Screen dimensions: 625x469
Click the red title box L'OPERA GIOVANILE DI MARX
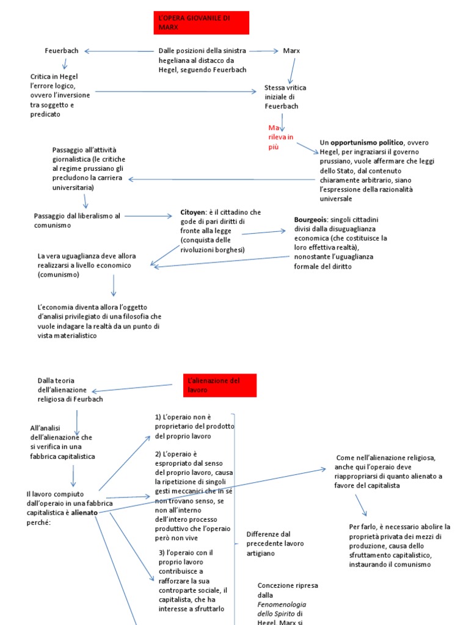point(202,23)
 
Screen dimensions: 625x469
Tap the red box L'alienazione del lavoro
point(220,385)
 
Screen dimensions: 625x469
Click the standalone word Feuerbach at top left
point(62,51)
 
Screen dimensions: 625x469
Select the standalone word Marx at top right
point(291,51)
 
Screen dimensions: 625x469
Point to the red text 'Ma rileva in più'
point(281,137)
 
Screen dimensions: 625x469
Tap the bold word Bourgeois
point(311,219)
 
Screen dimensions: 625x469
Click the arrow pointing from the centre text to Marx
point(264,51)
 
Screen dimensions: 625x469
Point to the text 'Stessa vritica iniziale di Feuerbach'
point(285,96)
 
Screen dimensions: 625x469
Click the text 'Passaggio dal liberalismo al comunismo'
point(78,220)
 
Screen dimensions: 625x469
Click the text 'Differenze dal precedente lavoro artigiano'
point(275,543)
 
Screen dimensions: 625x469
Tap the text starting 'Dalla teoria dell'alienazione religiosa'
point(70,389)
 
